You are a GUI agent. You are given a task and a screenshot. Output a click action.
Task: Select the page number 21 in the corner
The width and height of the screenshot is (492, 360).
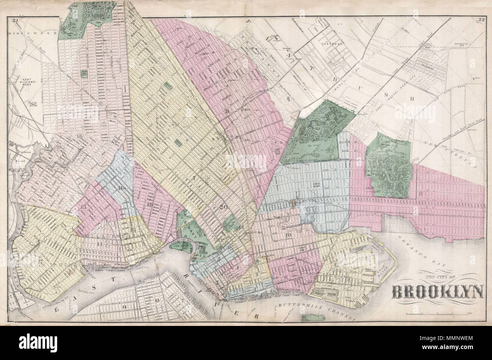(x=15, y=20)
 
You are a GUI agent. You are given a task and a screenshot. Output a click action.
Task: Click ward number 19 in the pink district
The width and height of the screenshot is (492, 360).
(x=150, y=205)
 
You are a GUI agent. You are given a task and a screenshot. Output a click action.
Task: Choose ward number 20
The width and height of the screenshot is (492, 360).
(x=223, y=207)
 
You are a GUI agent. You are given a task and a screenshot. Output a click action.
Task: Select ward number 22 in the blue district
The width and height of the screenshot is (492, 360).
(x=316, y=184)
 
